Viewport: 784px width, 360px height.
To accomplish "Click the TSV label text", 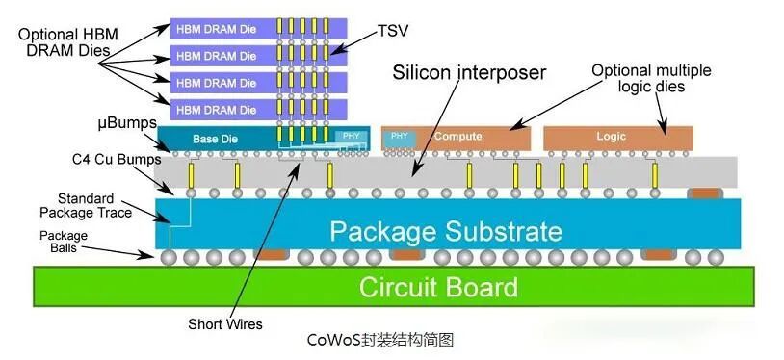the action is pyautogui.click(x=394, y=31).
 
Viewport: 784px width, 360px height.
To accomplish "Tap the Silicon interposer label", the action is pyautogui.click(x=469, y=73).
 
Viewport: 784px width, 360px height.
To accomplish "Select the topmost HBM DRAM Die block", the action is pyautogui.click(x=258, y=29).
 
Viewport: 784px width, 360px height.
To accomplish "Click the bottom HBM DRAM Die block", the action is pyautogui.click(x=258, y=110).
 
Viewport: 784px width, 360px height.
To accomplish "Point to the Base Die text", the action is pyautogui.click(x=215, y=139).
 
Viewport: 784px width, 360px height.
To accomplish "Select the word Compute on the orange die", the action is pyautogui.click(x=458, y=136).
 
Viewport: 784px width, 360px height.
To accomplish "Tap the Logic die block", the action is pyautogui.click(x=618, y=139).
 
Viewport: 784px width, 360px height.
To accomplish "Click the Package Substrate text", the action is pyautogui.click(x=446, y=232).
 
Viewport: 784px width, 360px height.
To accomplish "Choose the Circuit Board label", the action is pyautogui.click(x=438, y=288).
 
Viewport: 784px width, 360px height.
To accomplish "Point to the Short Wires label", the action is pyautogui.click(x=225, y=324).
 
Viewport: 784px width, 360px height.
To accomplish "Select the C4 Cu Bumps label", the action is pyautogui.click(x=117, y=160).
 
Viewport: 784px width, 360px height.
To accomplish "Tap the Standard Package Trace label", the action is pyautogui.click(x=86, y=205).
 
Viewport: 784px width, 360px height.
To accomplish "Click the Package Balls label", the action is pyautogui.click(x=64, y=241).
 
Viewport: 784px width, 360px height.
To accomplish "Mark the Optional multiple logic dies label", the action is pyautogui.click(x=651, y=78).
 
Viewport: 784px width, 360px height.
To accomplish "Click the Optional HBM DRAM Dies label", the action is pyautogui.click(x=68, y=42).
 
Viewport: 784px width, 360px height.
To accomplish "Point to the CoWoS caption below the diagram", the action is pyautogui.click(x=380, y=340).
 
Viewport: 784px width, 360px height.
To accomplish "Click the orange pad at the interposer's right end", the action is pyautogui.click(x=704, y=193).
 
